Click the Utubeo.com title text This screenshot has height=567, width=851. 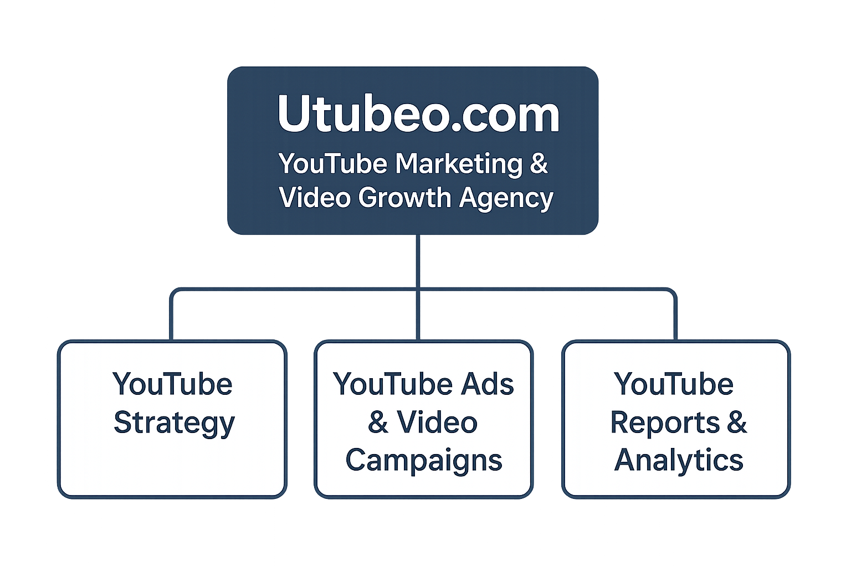[418, 114]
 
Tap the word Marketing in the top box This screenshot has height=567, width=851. [459, 164]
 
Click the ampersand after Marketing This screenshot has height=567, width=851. [539, 164]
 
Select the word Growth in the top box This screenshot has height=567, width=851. [404, 198]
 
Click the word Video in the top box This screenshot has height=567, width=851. [314, 198]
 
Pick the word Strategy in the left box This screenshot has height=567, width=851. [174, 424]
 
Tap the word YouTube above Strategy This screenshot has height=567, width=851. [172, 384]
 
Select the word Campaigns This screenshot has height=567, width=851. [424, 461]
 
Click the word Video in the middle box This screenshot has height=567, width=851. [437, 423]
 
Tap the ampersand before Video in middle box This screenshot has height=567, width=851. [378, 423]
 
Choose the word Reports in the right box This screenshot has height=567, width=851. [664, 423]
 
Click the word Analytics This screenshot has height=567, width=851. [679, 460]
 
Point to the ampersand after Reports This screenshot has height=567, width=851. [737, 423]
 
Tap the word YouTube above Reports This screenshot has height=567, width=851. [674, 384]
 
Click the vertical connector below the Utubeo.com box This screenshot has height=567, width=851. [418, 260]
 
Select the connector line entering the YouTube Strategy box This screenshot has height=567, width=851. [171, 321]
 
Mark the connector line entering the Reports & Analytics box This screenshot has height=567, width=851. [675, 321]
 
